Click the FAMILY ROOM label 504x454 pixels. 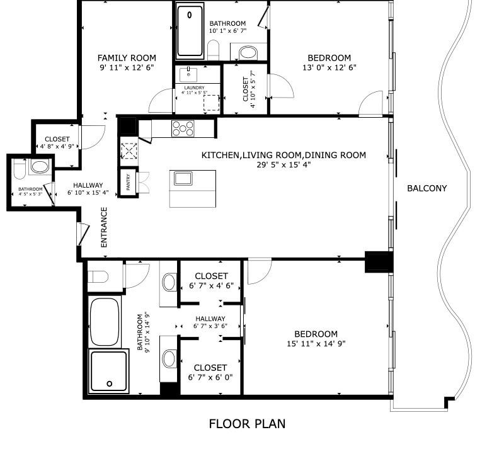pyautogui.click(x=127, y=58)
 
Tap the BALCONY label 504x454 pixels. pyautogui.click(x=427, y=188)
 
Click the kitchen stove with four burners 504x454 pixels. pyautogui.click(x=183, y=128)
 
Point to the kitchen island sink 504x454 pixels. pyautogui.click(x=183, y=178)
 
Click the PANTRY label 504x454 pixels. pyautogui.click(x=129, y=184)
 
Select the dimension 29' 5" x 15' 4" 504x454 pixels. pyautogui.click(x=283, y=164)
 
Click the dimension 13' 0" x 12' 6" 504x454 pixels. pyautogui.click(x=329, y=67)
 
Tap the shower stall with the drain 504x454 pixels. pyautogui.click(x=109, y=370)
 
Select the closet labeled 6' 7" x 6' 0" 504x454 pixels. pyautogui.click(x=211, y=372)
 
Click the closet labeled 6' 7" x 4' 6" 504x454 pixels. pyautogui.click(x=211, y=280)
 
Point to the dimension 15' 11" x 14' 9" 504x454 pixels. pyautogui.click(x=316, y=343)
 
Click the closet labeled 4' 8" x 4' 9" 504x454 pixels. pyautogui.click(x=57, y=143)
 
